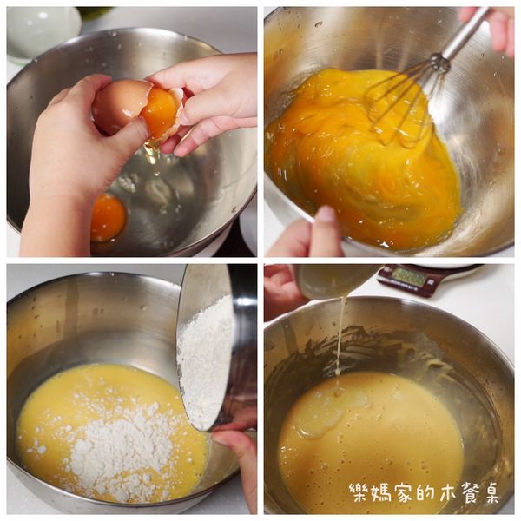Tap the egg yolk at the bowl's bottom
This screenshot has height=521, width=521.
coord(108,217)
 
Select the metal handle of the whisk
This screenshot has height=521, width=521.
coord(465,35)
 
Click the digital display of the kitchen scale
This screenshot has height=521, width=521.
coord(408,277)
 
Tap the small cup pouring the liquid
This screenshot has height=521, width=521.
coord(334,280)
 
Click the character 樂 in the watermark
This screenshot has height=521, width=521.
coord(359,493)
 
